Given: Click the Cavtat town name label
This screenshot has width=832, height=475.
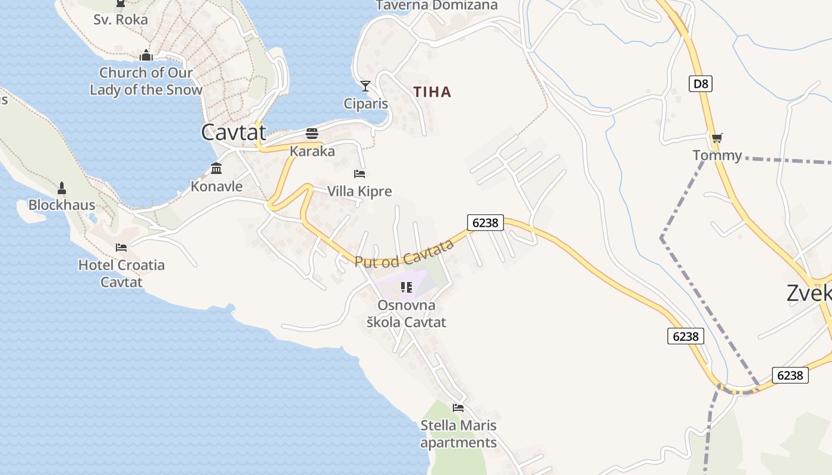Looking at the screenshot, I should (x=234, y=132).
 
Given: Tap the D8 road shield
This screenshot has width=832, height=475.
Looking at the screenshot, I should (x=701, y=84).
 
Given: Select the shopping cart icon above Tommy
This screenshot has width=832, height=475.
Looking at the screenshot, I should (x=717, y=138).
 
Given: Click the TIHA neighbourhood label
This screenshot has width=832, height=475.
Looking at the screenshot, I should (x=432, y=92).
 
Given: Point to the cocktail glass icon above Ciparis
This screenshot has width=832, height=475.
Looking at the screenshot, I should (x=365, y=86).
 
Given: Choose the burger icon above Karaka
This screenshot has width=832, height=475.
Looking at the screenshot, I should (x=312, y=133).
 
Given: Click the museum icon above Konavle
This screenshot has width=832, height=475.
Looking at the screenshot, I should (x=216, y=169).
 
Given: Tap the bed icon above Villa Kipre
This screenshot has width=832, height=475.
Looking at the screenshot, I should (x=360, y=173).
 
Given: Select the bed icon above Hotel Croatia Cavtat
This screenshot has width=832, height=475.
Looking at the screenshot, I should (x=121, y=247).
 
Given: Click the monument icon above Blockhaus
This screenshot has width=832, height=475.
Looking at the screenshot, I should (x=62, y=188).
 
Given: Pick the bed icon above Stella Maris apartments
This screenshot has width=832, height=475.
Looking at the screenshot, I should (x=458, y=407).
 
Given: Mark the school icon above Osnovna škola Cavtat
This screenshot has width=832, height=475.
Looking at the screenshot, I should (x=406, y=287).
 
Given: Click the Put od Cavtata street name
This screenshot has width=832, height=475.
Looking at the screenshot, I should (x=404, y=254).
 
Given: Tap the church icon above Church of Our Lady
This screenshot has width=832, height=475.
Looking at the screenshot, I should (x=146, y=55).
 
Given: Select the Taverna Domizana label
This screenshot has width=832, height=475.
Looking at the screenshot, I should (x=437, y=5).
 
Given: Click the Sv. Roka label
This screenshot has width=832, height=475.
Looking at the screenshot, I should (x=121, y=20).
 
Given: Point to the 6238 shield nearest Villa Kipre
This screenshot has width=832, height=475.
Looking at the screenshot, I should (x=486, y=223).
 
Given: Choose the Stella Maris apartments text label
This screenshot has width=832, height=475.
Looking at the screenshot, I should (x=458, y=434).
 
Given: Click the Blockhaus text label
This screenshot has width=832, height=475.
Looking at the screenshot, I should (x=62, y=205).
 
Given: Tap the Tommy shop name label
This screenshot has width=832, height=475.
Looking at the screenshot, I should (x=717, y=156).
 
